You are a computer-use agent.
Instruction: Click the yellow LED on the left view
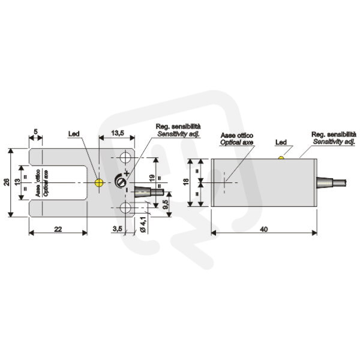click(99, 183)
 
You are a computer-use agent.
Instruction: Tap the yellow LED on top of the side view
click(281, 158)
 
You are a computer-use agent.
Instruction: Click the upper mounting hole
click(125, 157)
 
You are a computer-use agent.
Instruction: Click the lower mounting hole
click(125, 208)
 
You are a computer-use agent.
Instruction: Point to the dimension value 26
click(7, 182)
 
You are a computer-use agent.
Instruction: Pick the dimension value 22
click(58, 229)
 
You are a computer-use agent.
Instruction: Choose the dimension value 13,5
click(118, 133)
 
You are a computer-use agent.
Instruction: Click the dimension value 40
click(264, 229)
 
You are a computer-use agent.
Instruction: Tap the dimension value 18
click(186, 181)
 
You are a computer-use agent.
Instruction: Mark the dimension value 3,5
click(117, 229)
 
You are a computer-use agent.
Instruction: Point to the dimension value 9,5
click(166, 204)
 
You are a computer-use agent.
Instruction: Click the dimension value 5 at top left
click(35, 132)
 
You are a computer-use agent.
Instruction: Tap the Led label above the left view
click(74, 134)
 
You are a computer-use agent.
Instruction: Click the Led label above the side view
click(281, 142)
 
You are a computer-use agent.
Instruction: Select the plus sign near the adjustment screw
click(127, 173)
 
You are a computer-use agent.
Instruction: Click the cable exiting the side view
click(331, 183)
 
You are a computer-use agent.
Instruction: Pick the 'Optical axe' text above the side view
click(237, 142)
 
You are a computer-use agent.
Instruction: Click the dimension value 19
click(152, 179)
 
